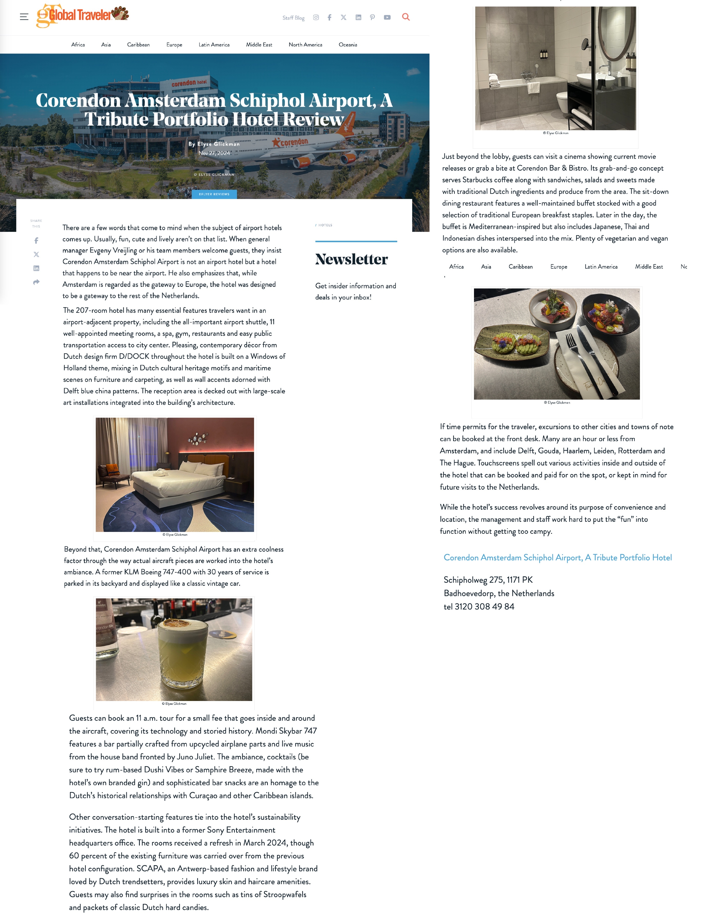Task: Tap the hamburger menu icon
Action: [24, 17]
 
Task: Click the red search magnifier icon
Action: [406, 17]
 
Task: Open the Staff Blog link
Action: [293, 18]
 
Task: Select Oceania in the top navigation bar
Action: [348, 45]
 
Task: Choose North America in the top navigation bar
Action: [305, 45]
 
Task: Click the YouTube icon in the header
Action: [387, 17]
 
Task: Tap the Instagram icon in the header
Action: [316, 17]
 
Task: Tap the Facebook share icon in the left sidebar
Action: [36, 241]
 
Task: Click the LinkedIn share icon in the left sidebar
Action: [36, 268]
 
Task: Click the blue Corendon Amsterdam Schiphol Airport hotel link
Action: [557, 557]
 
